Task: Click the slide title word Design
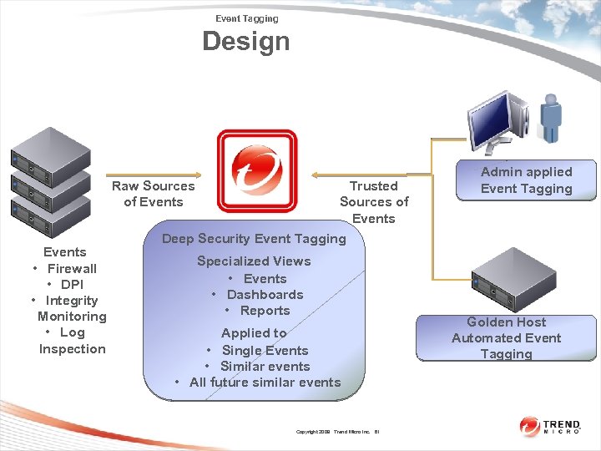tap(246, 41)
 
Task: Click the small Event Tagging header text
tap(247, 18)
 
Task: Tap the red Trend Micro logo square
tap(256, 170)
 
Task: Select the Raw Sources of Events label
tap(154, 194)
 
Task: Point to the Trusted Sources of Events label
tap(373, 202)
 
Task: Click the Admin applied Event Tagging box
tap(526, 180)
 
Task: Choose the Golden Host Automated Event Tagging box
tap(507, 338)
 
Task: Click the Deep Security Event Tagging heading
tap(254, 239)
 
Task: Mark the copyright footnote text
tap(338, 432)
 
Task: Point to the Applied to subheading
tap(254, 333)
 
